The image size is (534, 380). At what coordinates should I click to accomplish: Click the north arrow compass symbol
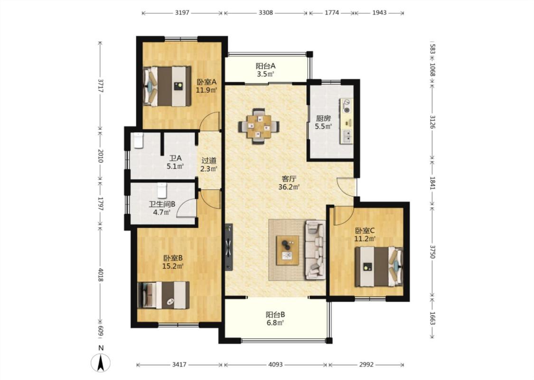[101, 362]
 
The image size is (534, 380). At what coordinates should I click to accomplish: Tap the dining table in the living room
[259, 126]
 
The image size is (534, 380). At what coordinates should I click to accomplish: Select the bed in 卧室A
[167, 86]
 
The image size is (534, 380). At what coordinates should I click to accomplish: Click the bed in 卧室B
[163, 295]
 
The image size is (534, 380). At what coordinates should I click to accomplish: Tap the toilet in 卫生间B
[162, 190]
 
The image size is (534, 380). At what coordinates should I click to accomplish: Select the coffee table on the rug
[288, 250]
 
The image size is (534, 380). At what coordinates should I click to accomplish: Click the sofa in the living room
[315, 249]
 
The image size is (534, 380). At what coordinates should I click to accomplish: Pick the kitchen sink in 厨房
[347, 136]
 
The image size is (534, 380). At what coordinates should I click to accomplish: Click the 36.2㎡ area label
[289, 187]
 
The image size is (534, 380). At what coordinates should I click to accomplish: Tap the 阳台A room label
[266, 66]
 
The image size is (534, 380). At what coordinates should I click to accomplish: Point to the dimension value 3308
[266, 13]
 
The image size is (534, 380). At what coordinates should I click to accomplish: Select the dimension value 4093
[275, 365]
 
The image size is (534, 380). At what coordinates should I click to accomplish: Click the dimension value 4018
[101, 275]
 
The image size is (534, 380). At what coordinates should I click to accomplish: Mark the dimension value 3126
[432, 122]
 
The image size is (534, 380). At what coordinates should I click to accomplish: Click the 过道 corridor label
[209, 160]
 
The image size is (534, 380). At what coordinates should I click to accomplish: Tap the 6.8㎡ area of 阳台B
[275, 323]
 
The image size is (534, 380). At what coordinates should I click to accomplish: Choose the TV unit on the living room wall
[229, 247]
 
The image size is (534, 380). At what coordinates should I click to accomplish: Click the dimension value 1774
[332, 13]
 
